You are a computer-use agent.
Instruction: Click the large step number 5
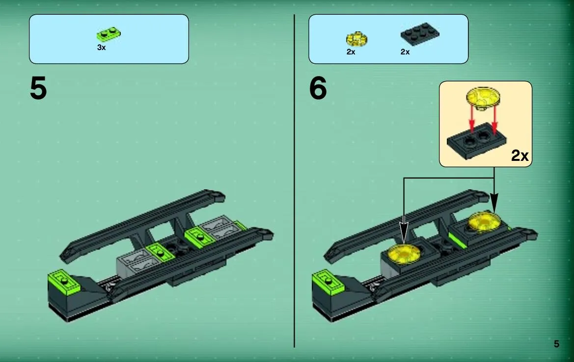point(38,88)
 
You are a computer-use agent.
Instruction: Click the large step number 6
point(318,88)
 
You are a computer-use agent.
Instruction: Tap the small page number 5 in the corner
point(556,344)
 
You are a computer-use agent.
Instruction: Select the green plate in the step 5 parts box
point(109,34)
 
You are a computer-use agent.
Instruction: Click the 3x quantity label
point(102,48)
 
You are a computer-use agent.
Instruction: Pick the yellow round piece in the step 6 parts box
point(356,39)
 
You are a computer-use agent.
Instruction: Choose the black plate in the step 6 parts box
point(420,34)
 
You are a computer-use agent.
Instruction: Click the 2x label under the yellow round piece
point(351,52)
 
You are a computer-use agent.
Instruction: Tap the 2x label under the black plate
point(405,52)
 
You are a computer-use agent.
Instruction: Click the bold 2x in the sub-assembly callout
point(520,156)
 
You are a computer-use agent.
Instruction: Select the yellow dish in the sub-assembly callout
point(483,98)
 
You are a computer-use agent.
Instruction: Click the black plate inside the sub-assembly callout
point(477,141)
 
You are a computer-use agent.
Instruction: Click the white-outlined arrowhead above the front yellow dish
point(404,233)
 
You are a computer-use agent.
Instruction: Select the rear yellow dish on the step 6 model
point(484,221)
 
